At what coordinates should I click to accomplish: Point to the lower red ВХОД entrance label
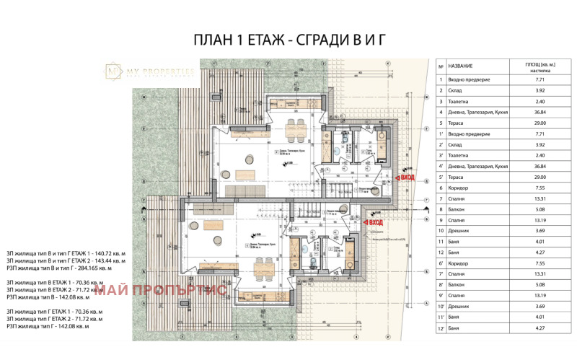click(x=374, y=223)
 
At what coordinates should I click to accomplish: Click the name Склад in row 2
click(x=455, y=91)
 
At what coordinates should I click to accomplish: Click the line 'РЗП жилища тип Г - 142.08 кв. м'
click(x=63, y=326)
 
